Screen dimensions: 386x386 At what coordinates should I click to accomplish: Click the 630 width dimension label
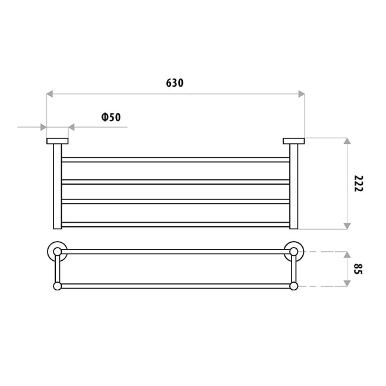point(175,83)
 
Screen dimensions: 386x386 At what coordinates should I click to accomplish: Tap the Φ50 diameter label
point(111,117)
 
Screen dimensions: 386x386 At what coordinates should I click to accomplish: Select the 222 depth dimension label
point(359,183)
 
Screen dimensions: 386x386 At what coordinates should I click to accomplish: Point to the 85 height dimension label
point(358,269)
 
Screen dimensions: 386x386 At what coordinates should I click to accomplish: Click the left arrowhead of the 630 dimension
point(49,94)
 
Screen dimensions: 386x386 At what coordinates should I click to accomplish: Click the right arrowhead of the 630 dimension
point(302,94)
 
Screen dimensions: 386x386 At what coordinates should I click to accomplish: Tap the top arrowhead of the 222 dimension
point(347,141)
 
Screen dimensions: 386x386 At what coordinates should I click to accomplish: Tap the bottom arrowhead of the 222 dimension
point(347,226)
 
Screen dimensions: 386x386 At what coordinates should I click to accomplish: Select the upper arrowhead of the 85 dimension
point(347,255)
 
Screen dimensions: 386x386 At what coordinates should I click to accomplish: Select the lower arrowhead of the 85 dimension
point(347,283)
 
